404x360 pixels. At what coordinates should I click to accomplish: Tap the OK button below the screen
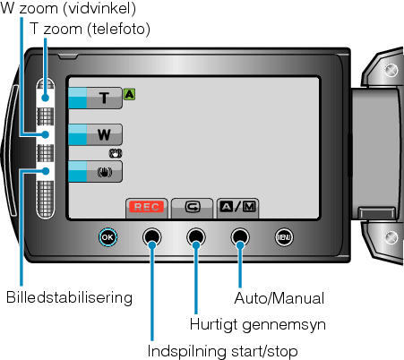click(x=107, y=237)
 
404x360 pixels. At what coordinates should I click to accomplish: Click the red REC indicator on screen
click(x=146, y=207)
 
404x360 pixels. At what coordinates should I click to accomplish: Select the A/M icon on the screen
click(x=237, y=207)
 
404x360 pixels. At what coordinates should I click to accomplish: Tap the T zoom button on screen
click(x=95, y=98)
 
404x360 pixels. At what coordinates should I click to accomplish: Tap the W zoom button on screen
click(x=95, y=134)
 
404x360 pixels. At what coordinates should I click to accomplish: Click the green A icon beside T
click(x=129, y=94)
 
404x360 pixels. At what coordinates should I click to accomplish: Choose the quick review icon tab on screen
click(x=193, y=208)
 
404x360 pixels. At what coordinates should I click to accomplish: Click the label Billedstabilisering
click(x=69, y=298)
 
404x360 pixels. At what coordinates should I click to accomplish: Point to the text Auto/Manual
click(x=279, y=298)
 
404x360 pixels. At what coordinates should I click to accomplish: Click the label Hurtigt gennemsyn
click(x=258, y=324)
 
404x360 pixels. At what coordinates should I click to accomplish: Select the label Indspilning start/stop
click(x=222, y=351)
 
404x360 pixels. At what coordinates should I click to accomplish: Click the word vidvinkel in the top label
click(x=99, y=8)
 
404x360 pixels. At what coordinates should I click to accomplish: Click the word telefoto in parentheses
click(x=119, y=29)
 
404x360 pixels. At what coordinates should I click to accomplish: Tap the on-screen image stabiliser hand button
click(x=95, y=171)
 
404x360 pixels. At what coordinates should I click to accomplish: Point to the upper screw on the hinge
click(x=391, y=71)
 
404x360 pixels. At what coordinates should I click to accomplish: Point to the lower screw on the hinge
click(x=391, y=237)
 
